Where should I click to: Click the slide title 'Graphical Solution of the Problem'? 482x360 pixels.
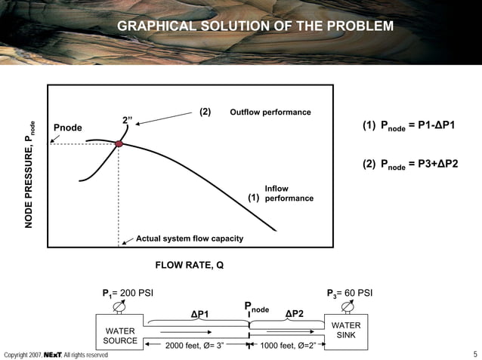click(255, 27)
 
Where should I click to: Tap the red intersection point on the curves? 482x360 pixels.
click(119, 143)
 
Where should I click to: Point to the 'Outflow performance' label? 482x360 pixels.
click(270, 112)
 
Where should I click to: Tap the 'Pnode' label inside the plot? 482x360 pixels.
click(67, 128)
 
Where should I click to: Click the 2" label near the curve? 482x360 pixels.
click(128, 119)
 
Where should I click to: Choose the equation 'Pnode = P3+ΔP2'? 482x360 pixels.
click(423, 165)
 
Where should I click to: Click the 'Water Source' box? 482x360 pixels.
click(120, 334)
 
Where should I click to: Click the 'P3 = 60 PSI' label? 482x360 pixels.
click(350, 293)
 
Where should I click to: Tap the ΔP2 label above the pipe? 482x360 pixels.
click(294, 312)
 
